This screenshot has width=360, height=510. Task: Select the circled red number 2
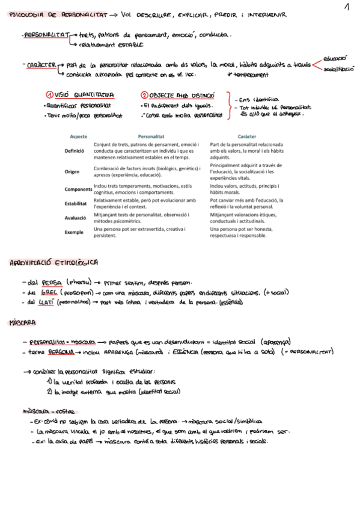[144, 95]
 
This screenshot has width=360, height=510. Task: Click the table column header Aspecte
[79, 137]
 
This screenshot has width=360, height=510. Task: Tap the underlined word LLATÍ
[48, 302]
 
